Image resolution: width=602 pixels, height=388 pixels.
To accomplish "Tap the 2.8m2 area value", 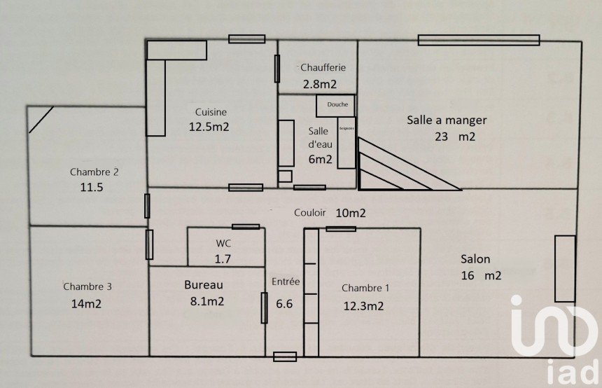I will (318, 85).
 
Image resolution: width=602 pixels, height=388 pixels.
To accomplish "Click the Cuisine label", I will (211, 111).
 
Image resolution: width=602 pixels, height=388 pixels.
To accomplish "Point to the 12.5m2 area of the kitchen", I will (209, 127).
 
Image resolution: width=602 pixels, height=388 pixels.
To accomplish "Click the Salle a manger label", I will (447, 120).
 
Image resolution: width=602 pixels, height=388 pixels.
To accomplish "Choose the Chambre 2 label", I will (94, 172).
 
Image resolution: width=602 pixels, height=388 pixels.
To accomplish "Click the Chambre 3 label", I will (87, 286).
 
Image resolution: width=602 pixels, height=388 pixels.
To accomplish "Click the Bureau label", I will (204, 285).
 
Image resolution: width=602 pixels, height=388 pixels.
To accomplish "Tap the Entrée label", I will (286, 282).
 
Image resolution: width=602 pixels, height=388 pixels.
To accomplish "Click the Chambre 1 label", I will (365, 288).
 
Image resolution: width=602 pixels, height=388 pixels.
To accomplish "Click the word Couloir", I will (309, 213).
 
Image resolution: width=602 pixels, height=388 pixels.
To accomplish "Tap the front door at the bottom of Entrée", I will (285, 356).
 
